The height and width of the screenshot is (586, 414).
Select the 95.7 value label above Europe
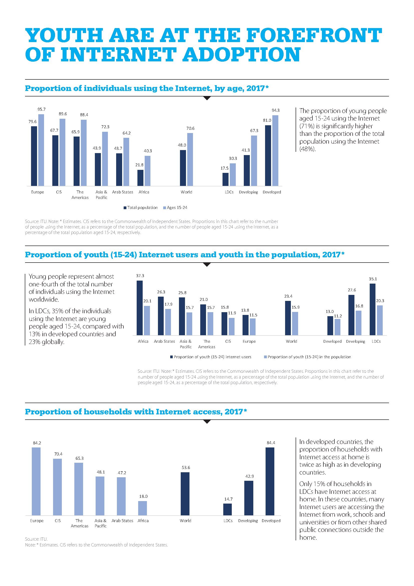click(41, 109)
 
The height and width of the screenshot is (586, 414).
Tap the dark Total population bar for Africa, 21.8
click(140, 178)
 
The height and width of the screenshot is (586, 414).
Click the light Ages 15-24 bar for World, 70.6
click(190, 160)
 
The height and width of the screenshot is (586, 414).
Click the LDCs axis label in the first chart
click(229, 192)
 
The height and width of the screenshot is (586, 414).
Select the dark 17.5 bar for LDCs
click(225, 179)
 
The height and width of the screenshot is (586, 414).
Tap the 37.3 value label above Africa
click(140, 276)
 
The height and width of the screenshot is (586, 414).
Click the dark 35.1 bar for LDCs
click(372, 309)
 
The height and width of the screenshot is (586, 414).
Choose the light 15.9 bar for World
click(295, 323)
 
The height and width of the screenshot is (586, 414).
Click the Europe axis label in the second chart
click(249, 341)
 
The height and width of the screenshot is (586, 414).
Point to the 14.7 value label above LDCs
click(228, 499)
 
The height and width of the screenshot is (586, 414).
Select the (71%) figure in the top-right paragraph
click(307, 126)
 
